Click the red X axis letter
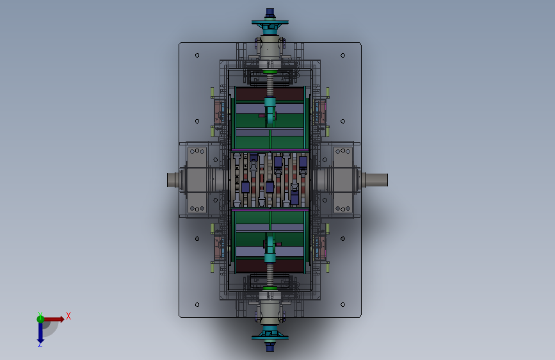(x=68, y=316)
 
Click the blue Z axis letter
(x=40, y=344)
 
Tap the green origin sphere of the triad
(x=40, y=319)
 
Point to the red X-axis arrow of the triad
(x=54, y=319)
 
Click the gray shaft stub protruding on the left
(x=173, y=179)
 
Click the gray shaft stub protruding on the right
(x=376, y=179)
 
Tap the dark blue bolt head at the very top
(x=269, y=13)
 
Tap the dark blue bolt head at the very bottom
(x=269, y=346)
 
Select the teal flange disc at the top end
(x=269, y=22)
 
